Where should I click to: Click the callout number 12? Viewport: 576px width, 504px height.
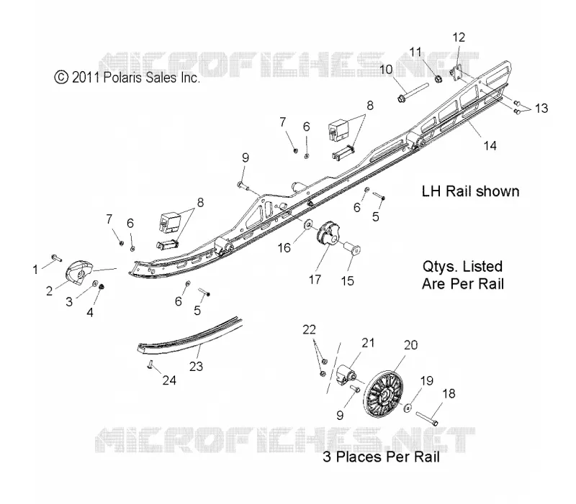459,37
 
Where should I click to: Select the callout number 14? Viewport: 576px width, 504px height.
490,146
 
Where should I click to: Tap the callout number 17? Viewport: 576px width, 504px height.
315,280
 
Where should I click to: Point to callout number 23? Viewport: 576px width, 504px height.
196,366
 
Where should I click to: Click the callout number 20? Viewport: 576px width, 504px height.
410,345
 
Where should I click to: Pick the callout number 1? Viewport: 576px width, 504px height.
35,270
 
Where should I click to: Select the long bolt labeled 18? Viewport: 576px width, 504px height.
426,418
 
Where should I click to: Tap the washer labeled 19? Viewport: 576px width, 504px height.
408,408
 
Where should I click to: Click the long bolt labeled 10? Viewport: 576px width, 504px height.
413,93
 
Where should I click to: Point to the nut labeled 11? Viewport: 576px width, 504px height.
438,78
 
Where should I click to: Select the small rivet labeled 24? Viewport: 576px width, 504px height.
150,364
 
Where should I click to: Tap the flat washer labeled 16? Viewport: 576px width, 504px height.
307,223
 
